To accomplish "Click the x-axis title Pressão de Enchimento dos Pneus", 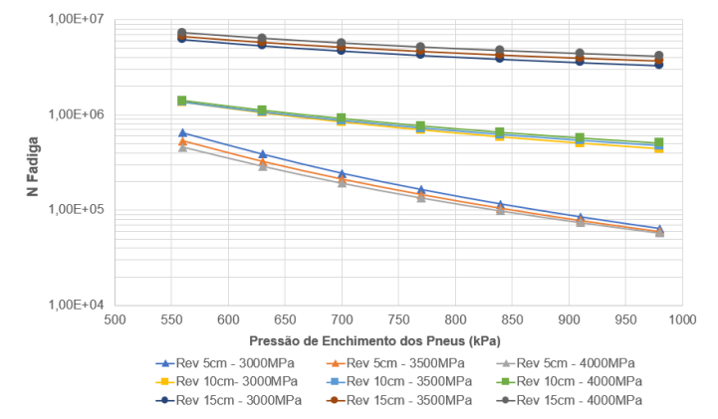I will tap(397, 339).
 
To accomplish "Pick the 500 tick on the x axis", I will tap(115, 320).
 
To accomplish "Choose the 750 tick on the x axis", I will tap(398, 320).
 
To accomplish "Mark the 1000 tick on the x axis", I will tap(681, 320).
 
